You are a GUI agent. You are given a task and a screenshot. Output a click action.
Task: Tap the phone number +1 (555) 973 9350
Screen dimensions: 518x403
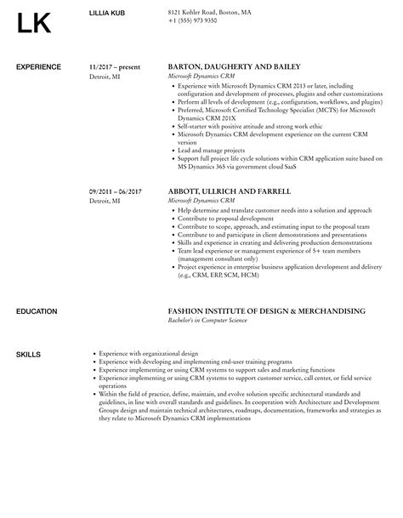[x=192, y=20]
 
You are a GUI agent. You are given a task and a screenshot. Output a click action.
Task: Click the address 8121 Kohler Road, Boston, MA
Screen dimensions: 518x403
[x=209, y=12]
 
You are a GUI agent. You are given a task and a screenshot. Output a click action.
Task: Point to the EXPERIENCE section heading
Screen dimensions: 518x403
[x=39, y=66]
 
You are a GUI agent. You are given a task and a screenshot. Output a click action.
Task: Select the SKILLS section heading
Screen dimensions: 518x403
[x=29, y=353]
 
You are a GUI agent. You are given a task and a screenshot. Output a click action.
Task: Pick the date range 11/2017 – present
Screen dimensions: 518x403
[x=115, y=66]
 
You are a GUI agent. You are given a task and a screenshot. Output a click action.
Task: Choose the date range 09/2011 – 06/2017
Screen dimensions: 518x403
[x=116, y=191]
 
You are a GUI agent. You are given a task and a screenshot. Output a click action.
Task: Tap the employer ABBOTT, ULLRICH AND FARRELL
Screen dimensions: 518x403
[x=230, y=191]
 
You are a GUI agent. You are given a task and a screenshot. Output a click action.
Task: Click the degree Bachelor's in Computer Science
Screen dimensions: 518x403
[x=208, y=322]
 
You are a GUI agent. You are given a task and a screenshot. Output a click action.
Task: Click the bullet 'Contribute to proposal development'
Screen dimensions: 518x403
[x=225, y=219]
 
